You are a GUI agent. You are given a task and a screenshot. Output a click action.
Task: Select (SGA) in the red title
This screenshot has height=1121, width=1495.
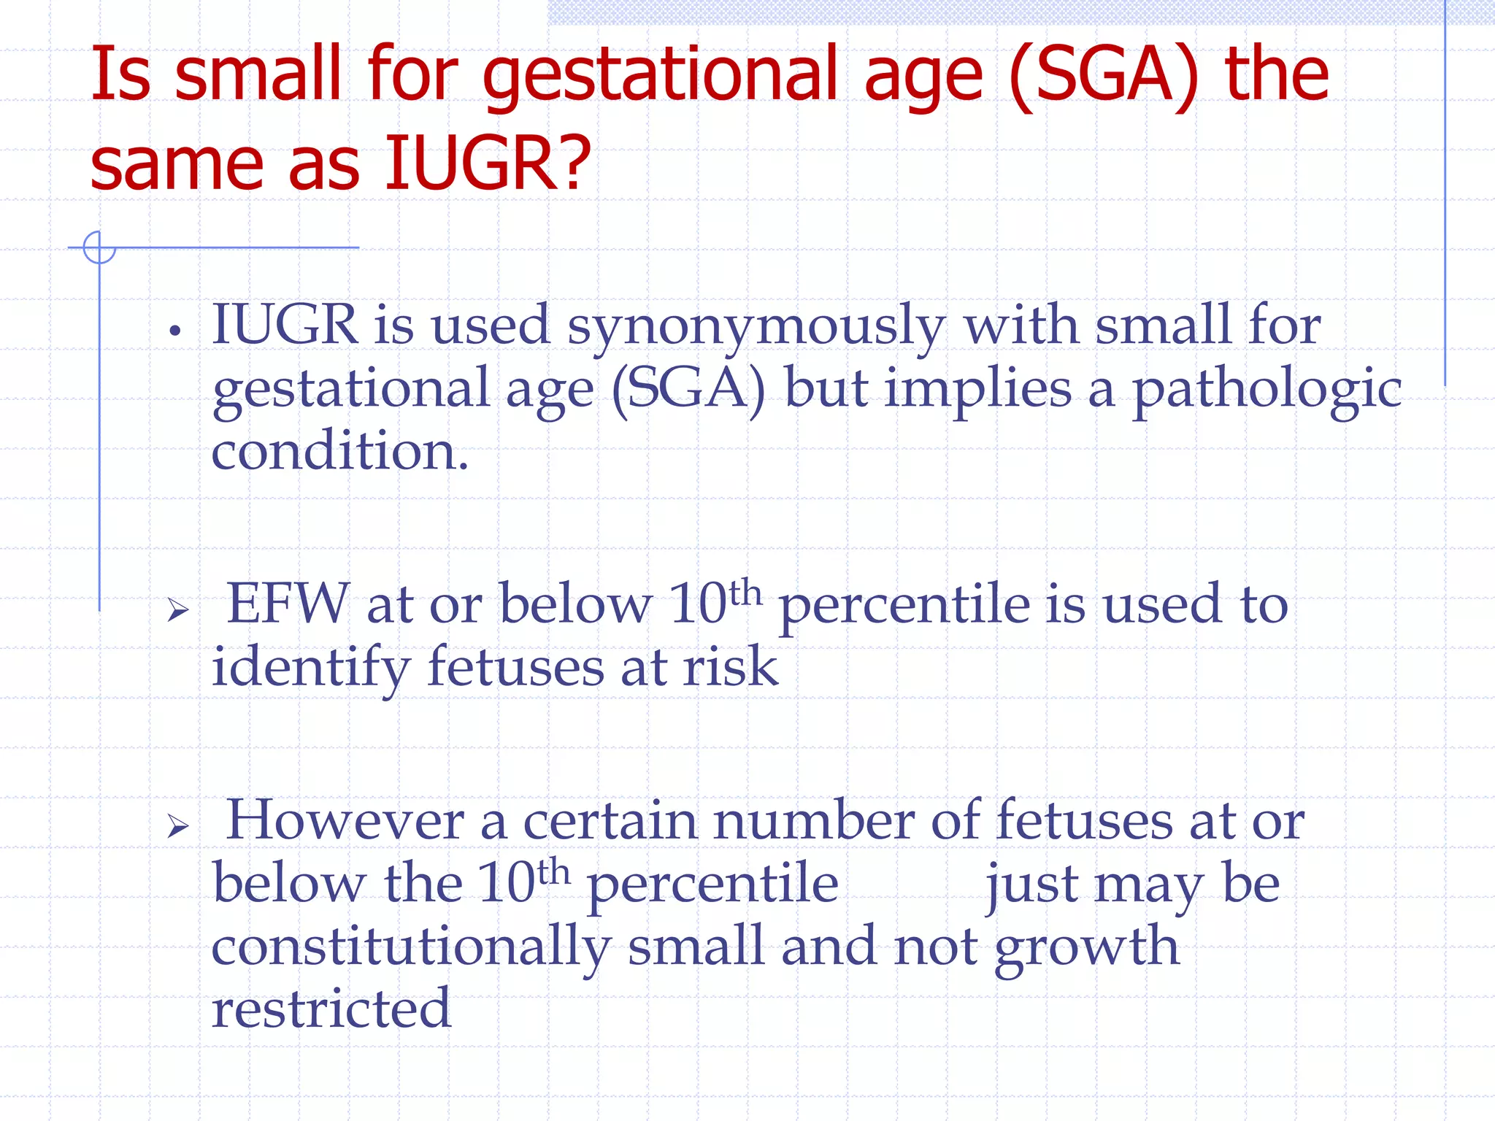click(1104, 77)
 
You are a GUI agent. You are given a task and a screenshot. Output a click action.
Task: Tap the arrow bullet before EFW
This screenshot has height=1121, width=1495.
click(177, 609)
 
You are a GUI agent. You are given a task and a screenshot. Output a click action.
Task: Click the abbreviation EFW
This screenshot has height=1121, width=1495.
click(288, 604)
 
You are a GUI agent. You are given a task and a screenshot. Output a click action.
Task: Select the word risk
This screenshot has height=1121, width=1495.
click(730, 667)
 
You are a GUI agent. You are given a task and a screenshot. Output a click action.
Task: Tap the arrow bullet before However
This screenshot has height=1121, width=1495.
click(177, 826)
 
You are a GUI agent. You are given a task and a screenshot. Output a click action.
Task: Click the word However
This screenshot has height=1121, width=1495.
click(345, 821)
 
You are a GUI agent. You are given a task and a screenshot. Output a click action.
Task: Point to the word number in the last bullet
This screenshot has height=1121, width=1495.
click(812, 821)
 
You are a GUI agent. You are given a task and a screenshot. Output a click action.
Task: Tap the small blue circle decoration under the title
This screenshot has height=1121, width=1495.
click(99, 247)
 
